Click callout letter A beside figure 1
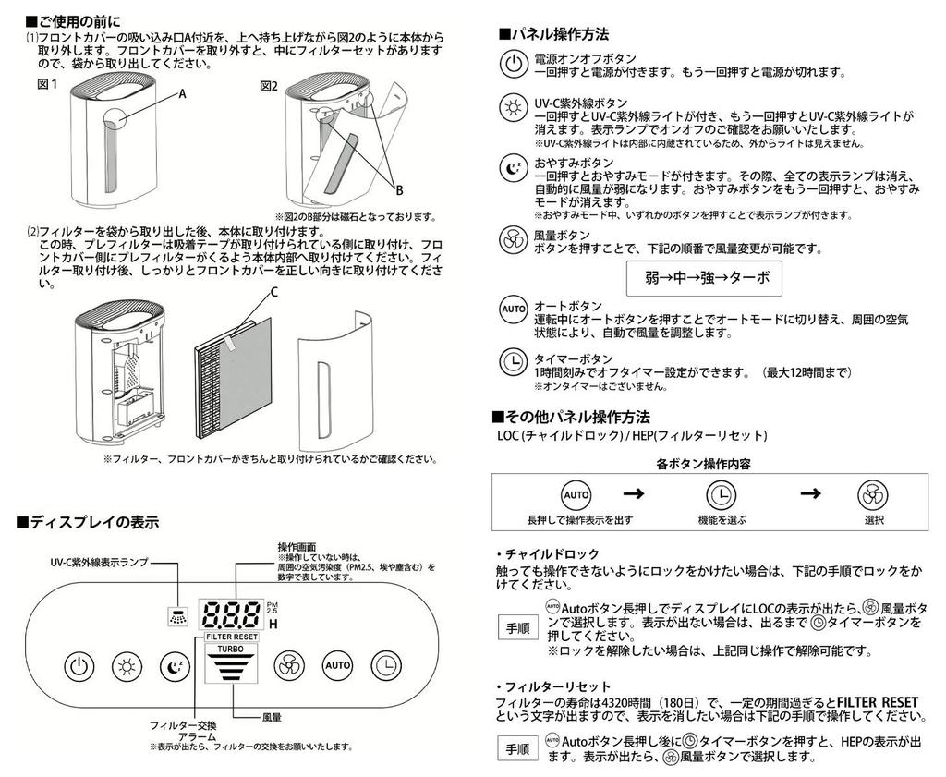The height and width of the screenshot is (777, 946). click(182, 93)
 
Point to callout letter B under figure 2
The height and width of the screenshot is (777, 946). click(399, 190)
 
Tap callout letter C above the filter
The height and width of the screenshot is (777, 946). click(273, 292)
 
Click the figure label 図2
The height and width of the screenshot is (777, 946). click(269, 86)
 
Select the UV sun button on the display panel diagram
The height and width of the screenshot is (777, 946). click(127, 665)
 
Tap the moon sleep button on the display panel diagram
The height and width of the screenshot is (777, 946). click(173, 665)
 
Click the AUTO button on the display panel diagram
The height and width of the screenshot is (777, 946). click(336, 665)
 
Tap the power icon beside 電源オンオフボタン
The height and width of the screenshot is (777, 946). click(512, 64)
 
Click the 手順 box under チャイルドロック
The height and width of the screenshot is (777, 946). click(518, 627)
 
